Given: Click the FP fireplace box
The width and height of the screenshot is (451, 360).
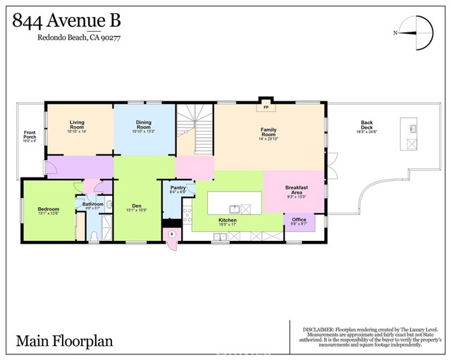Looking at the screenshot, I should [266, 107].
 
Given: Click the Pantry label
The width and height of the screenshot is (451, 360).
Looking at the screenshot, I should [178, 188].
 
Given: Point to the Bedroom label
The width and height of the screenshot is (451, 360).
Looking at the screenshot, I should [49, 209].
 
